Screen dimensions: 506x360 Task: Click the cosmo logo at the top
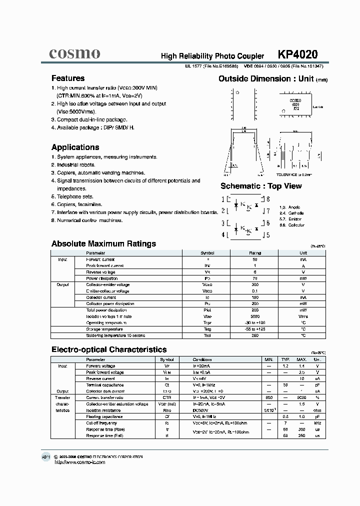(x=75, y=53)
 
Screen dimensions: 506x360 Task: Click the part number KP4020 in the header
(x=297, y=54)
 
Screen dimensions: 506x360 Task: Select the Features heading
(x=68, y=78)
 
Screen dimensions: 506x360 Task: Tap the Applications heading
(x=75, y=147)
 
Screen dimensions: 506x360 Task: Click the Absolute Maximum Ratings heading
(x=103, y=244)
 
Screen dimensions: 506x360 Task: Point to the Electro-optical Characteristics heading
(x=109, y=350)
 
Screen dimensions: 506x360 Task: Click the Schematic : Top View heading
(x=261, y=186)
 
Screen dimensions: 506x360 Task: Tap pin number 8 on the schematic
(x=268, y=198)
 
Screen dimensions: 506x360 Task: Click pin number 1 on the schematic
(x=223, y=198)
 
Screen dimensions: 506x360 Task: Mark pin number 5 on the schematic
(x=268, y=234)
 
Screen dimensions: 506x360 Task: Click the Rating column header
(x=255, y=253)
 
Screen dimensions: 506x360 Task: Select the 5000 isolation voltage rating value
(x=255, y=316)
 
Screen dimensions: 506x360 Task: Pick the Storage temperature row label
(x=104, y=329)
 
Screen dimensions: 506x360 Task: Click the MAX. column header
(x=301, y=359)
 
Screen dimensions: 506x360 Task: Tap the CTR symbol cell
(x=167, y=397)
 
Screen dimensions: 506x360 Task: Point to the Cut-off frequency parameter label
(x=101, y=423)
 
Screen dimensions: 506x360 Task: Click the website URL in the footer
(x=80, y=462)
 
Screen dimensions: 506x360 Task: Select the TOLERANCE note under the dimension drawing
(x=293, y=174)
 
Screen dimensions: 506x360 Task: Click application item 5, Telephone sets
(x=72, y=196)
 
